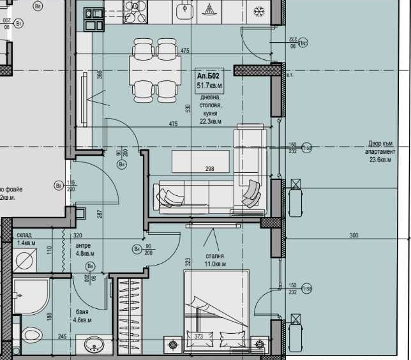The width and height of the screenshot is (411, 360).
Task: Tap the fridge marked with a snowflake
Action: click(x=258, y=11)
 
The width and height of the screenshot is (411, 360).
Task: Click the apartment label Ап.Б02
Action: click(x=209, y=75)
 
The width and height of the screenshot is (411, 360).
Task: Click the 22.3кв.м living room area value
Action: click(x=210, y=121)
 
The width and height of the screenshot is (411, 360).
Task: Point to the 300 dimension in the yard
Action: click(x=354, y=236)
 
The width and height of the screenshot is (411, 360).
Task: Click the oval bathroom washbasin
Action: click(x=94, y=345)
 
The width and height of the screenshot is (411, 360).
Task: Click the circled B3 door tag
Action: click(x=91, y=266)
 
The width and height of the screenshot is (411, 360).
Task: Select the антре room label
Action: click(x=83, y=245)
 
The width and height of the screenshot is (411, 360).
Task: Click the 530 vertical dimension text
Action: click(x=188, y=109)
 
